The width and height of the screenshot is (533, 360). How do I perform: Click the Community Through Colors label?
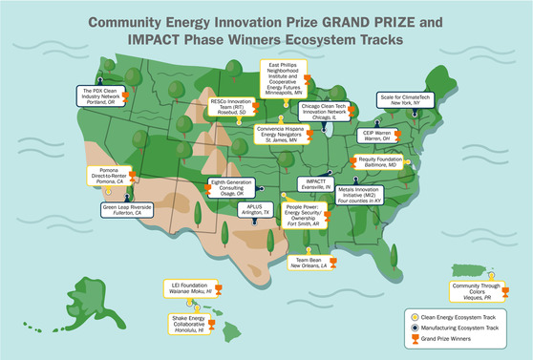tap(480, 290)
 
